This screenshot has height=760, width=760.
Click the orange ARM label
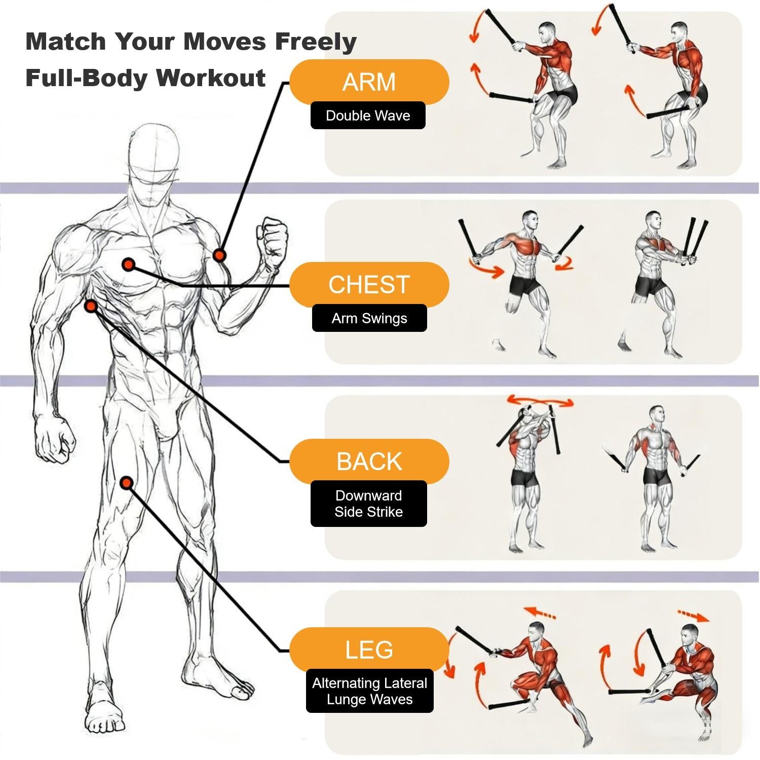(369, 82)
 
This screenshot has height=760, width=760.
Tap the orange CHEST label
(369, 285)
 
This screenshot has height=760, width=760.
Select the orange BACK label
(369, 462)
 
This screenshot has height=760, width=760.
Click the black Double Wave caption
(368, 116)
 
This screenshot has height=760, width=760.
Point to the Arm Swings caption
(369, 318)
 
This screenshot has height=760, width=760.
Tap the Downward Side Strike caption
(369, 504)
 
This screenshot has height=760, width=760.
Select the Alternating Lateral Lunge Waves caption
(370, 691)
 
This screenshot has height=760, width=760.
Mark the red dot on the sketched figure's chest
(128, 264)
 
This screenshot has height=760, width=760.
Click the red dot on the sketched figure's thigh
(127, 483)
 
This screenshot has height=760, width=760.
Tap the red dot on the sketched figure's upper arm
(219, 255)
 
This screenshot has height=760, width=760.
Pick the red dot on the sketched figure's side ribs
(91, 306)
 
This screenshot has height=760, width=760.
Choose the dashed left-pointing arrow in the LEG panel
(540, 612)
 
